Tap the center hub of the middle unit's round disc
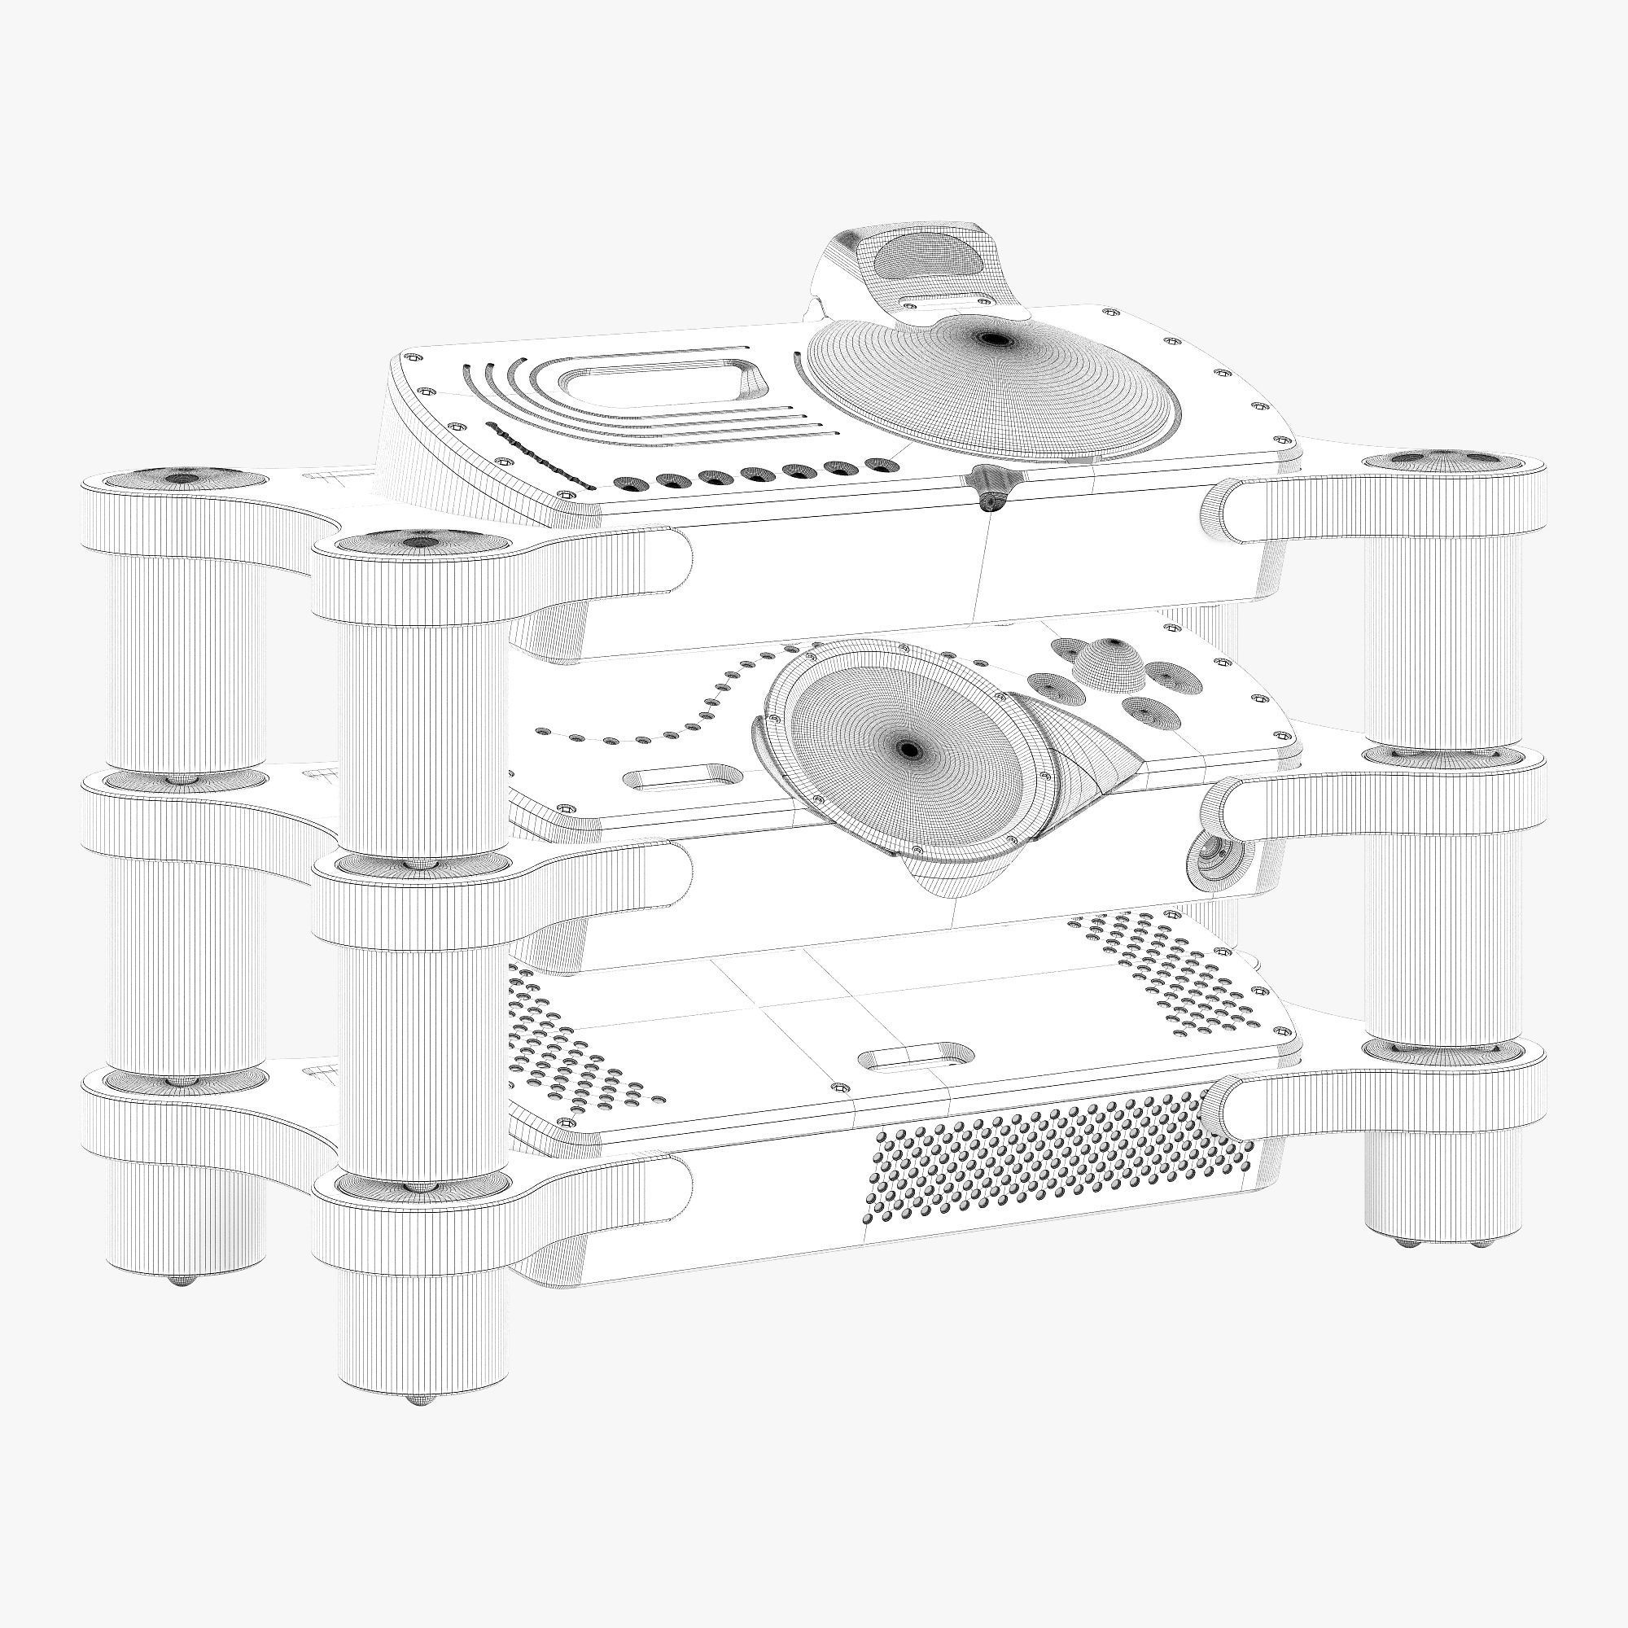click(x=908, y=747)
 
